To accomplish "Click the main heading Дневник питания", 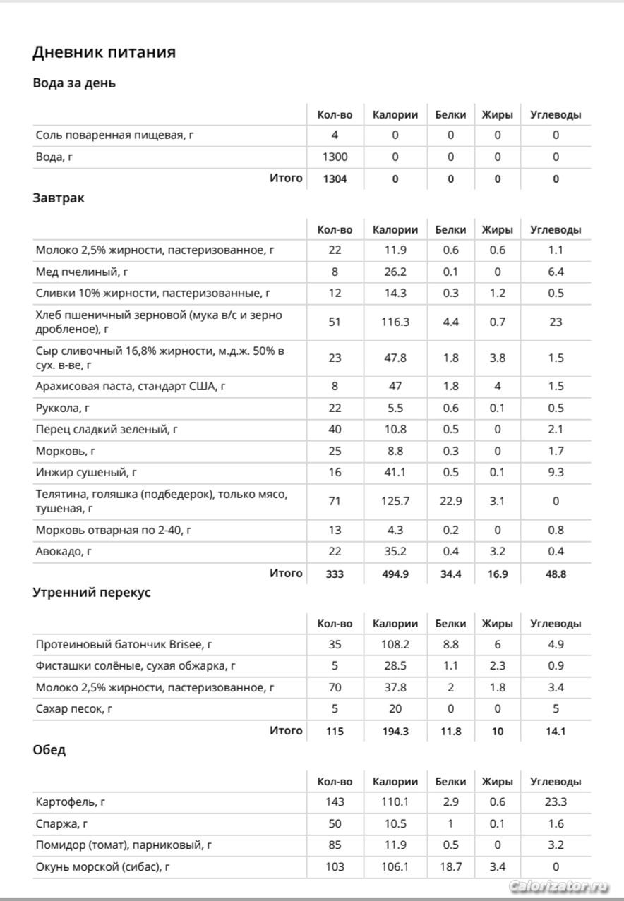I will point(104,52).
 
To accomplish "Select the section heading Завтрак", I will point(59,198).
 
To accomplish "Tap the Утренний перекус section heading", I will point(92,593).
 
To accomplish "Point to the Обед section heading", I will point(49,750).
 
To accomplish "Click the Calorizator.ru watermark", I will point(558,885).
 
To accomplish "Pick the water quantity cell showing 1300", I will point(335,157).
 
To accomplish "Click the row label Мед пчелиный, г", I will point(82,272).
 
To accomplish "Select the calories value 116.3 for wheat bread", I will point(395,322).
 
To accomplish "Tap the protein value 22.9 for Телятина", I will point(450,501).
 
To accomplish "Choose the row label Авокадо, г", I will point(64,552).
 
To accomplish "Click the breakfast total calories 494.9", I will point(395,574).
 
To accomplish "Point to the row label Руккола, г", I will point(63,408).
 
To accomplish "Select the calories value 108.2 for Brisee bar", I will point(395,644).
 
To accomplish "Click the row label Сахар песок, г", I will point(73,708).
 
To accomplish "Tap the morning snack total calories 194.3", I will point(395,731).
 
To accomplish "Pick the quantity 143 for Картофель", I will point(335,802).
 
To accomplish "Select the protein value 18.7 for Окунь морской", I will point(450,866).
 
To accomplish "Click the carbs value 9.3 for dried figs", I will point(556,472).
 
